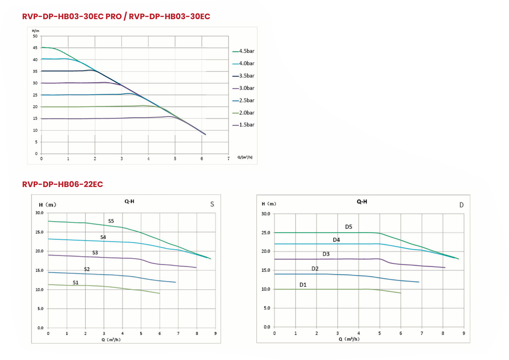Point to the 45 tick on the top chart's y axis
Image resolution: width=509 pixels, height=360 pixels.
[x=35, y=48]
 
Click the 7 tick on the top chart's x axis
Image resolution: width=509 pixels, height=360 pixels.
[x=228, y=158]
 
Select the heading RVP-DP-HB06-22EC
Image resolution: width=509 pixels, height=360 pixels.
[x=63, y=184]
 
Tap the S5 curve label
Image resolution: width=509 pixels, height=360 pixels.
[x=111, y=221]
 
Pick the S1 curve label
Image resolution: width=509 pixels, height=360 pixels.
[x=75, y=282]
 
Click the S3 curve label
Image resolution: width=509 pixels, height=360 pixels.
[x=95, y=253]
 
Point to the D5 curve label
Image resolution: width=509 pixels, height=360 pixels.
[x=348, y=227]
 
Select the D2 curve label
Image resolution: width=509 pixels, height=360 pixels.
[x=315, y=269]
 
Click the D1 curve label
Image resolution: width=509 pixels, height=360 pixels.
[x=303, y=285]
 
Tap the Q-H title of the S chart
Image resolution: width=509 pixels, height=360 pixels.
[x=130, y=202]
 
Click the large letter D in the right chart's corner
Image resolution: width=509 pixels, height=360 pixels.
[x=461, y=205]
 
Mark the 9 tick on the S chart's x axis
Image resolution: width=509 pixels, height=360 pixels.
[x=215, y=333]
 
